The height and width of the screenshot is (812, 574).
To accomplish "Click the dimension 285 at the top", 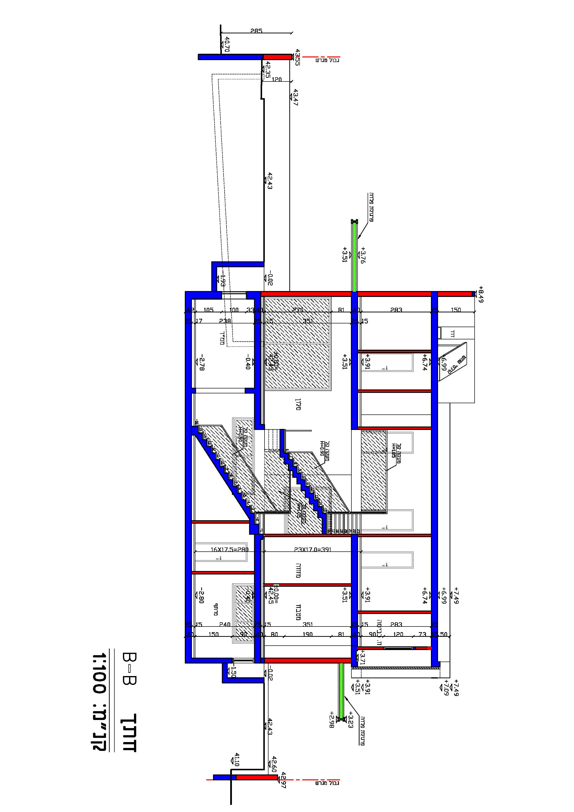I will (256, 31).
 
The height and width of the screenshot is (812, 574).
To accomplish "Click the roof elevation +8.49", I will (480, 294).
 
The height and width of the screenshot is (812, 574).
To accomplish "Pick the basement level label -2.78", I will (201, 362).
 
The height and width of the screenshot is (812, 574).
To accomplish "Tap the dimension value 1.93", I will (222, 280).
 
